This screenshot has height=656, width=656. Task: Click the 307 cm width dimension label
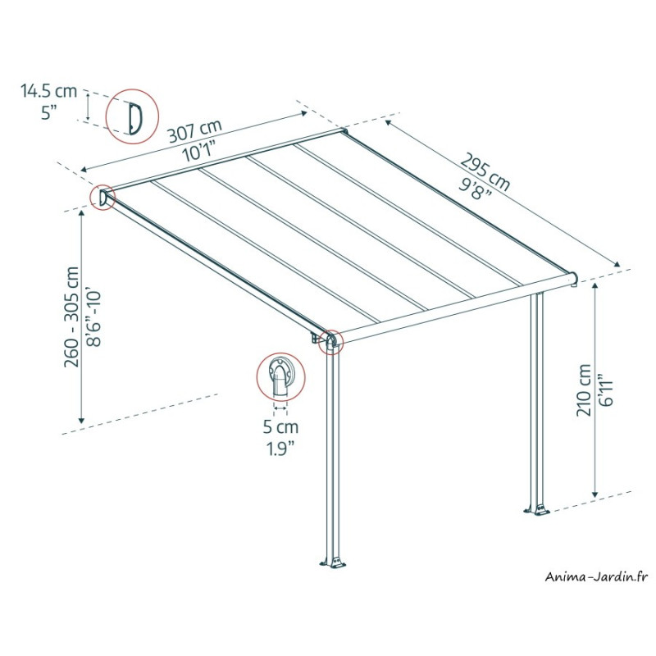[x=195, y=130]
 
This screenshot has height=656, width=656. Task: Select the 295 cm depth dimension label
[x=485, y=171]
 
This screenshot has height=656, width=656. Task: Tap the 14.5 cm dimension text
[x=49, y=91]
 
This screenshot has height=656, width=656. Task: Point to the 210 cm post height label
[x=584, y=390]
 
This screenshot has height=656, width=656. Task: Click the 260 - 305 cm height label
[x=71, y=317]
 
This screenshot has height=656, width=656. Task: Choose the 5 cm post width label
[x=280, y=426]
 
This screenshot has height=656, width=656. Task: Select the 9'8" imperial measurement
[x=475, y=189]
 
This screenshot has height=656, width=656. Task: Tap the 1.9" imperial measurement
[x=280, y=449]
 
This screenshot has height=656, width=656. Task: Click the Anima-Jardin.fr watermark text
[x=596, y=577]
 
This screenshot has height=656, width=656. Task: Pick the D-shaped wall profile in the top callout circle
[x=135, y=118]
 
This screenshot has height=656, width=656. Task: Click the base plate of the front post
[x=334, y=562]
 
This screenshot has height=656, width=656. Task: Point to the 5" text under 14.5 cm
[x=49, y=113]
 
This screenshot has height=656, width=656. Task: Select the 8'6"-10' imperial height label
[x=93, y=317]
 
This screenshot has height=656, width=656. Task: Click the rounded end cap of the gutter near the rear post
[x=573, y=279]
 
